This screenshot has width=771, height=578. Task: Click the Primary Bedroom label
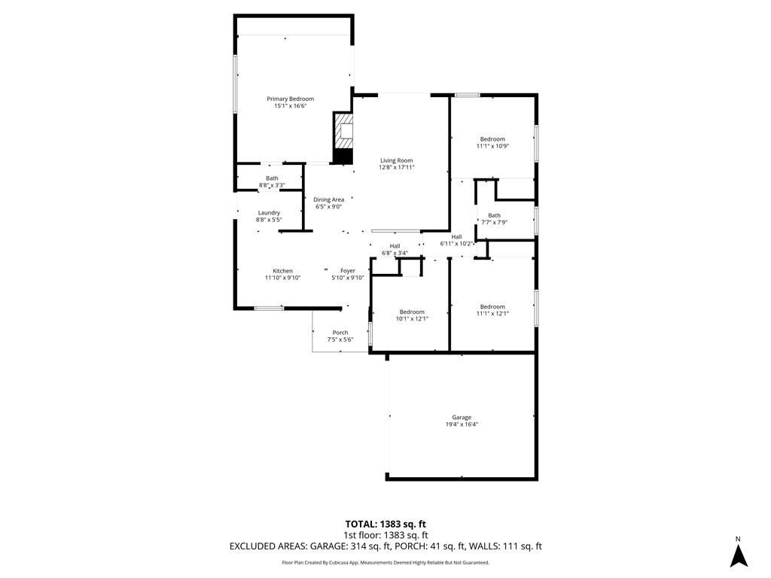[290, 99]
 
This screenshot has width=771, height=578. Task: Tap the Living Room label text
[396, 160]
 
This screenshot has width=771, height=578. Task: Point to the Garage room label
[462, 417]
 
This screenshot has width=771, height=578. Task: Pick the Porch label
[340, 333]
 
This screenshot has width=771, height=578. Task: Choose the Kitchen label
[282, 271]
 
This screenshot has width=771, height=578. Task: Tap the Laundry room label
[269, 213]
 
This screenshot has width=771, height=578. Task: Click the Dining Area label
[328, 199]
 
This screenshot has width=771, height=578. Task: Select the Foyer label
[347, 271]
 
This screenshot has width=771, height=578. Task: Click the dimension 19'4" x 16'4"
[462, 424]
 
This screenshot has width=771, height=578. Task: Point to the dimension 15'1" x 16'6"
[290, 106]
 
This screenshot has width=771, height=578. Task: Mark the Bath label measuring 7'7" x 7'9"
[494, 215]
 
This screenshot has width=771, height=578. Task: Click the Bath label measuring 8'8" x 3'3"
[272, 178]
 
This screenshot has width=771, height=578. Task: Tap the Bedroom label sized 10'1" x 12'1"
[412, 312]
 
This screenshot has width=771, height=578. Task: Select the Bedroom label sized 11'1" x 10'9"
[492, 138]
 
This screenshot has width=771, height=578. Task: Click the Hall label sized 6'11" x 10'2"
[456, 236]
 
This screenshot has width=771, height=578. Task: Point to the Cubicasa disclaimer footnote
[385, 562]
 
